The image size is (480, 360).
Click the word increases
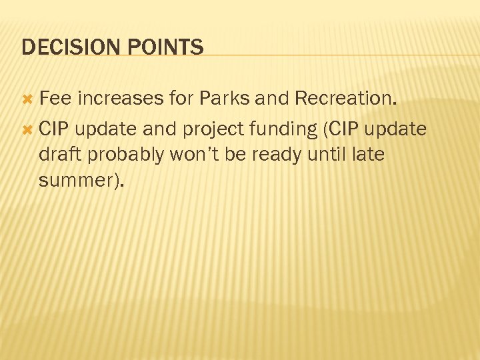pos(120,99)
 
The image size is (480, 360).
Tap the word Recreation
pos(346,99)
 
